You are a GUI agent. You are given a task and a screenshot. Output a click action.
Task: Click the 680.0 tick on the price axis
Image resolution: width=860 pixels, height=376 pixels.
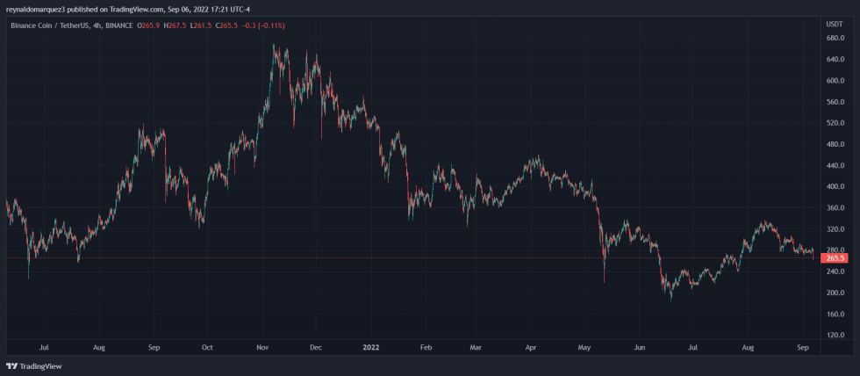coord(835,38)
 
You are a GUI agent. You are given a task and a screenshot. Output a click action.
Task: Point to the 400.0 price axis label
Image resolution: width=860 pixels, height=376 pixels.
coord(835,187)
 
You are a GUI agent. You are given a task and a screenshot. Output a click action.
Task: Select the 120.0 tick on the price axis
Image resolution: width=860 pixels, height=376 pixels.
coord(835,336)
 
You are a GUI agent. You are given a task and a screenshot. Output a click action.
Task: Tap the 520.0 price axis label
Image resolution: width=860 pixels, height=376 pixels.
coord(835,123)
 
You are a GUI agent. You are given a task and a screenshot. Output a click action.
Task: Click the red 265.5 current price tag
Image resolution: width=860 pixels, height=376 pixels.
coord(835,258)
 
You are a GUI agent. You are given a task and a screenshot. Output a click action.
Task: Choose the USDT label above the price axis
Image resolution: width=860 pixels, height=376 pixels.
coord(835,25)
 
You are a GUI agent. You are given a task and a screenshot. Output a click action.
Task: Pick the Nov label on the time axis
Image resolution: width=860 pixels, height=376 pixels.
coord(262,348)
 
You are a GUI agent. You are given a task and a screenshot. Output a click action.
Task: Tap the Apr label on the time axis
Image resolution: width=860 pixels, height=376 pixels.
coord(530,348)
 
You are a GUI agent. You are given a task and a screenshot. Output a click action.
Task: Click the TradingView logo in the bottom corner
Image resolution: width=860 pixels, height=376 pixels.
coord(28,365)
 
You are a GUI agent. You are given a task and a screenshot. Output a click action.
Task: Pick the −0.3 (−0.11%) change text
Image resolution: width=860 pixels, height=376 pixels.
coord(269,25)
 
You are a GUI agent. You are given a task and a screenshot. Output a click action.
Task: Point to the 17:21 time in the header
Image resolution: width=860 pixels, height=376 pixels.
coord(216,9)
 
